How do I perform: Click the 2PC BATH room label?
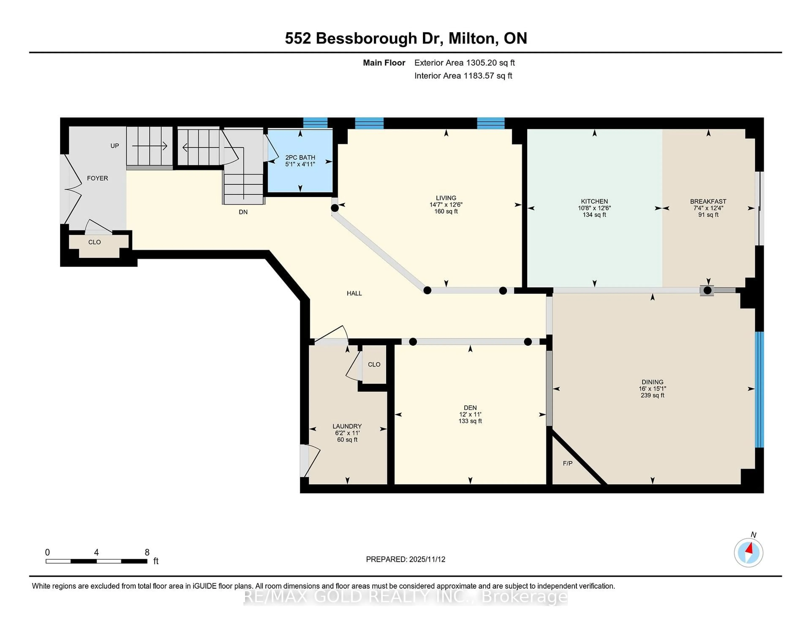pyautogui.click(x=300, y=158)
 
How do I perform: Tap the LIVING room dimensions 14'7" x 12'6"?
pyautogui.click(x=446, y=205)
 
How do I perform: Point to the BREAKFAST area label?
pyautogui.click(x=708, y=201)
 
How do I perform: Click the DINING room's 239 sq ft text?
pyautogui.click(x=652, y=395)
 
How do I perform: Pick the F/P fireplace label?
pyautogui.click(x=567, y=463)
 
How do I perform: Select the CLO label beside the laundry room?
pyautogui.click(x=374, y=364)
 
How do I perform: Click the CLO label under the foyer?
pyautogui.click(x=94, y=242)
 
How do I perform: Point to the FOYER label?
pyautogui.click(x=97, y=178)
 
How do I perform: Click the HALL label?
pyautogui.click(x=354, y=293)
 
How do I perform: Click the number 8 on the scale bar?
pyautogui.click(x=147, y=552)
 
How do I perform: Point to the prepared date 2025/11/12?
pyautogui.click(x=426, y=559)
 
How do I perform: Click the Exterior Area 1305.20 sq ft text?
pyautogui.click(x=465, y=63)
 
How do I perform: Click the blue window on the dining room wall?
pyautogui.click(x=760, y=389)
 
